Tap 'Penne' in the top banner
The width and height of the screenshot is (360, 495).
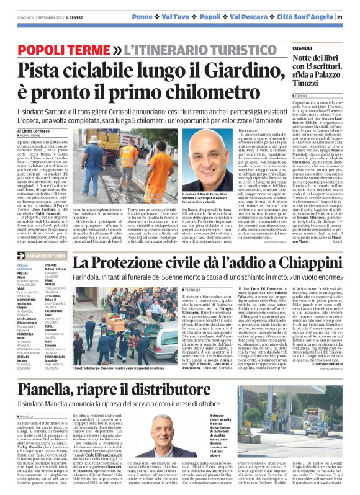tap(143, 15)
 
